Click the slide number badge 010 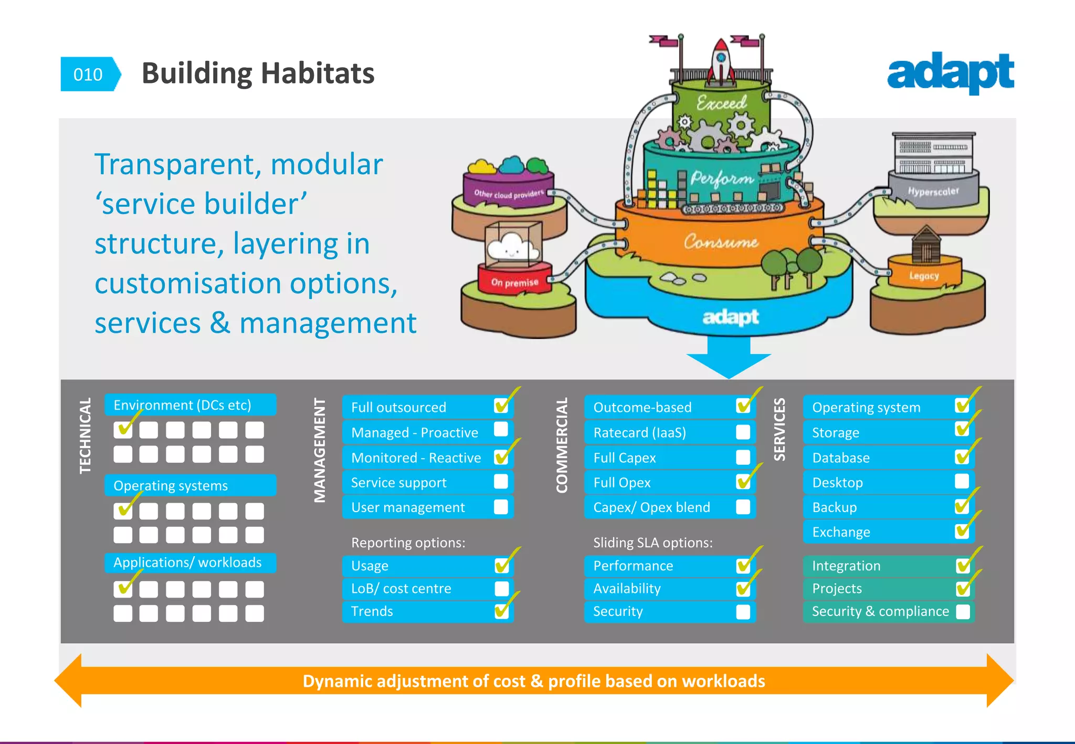click(x=88, y=75)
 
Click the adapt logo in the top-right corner click(x=950, y=73)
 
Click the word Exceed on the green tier click(x=721, y=103)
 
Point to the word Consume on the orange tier click(x=721, y=242)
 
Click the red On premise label click(x=514, y=282)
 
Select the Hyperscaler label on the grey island click(x=933, y=192)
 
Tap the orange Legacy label click(x=924, y=275)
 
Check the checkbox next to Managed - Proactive click(x=501, y=430)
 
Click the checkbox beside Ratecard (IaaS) click(x=743, y=432)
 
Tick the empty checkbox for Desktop click(x=962, y=481)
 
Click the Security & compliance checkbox click(x=963, y=612)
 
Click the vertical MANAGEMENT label click(x=320, y=450)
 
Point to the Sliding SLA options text click(x=652, y=543)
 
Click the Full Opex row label click(x=622, y=483)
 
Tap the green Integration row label click(x=846, y=566)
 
